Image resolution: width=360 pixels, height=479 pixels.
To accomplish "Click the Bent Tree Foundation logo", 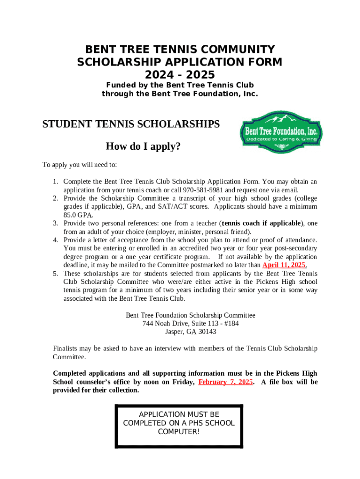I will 281,133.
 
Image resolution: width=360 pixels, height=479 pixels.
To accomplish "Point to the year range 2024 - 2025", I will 180,74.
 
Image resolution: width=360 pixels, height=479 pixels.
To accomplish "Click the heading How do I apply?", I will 143,147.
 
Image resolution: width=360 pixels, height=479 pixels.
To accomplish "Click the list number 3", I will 55,224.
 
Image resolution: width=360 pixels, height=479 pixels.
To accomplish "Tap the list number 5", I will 55,274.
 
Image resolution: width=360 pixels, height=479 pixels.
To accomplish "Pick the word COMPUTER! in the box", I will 179,432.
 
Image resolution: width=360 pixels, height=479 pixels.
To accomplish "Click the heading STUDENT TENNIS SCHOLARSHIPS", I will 131,124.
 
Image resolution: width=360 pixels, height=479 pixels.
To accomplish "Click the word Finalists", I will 67,348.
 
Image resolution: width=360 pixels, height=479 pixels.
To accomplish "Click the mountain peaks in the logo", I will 281,118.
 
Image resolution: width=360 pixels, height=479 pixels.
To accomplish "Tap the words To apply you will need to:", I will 79,165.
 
